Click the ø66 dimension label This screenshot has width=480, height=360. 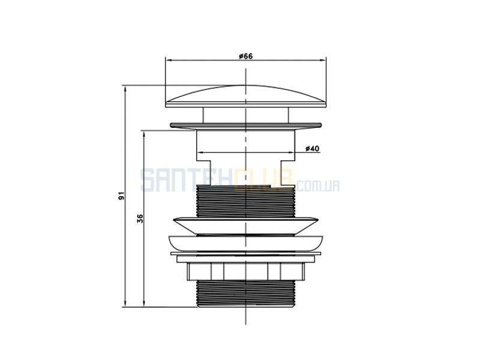(x=246, y=56)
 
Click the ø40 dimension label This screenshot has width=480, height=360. (x=312, y=149)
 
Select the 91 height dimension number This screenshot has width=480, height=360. (x=122, y=196)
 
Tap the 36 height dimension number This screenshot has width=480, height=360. (x=140, y=218)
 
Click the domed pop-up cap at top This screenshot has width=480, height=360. (x=246, y=96)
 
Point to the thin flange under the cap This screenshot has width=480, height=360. (x=246, y=125)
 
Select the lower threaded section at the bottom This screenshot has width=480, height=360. (x=245, y=293)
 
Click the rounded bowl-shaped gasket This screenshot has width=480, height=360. (x=246, y=244)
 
